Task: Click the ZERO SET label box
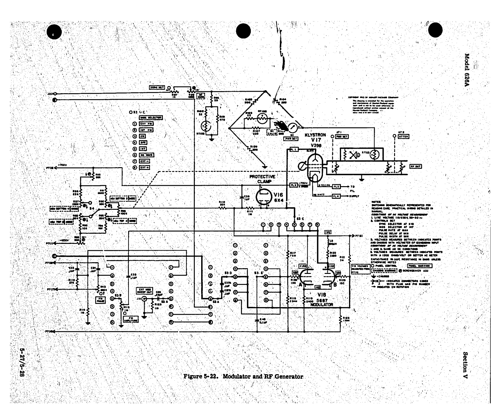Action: click(x=157, y=87)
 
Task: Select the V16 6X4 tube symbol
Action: click(x=262, y=197)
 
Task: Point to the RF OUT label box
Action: click(x=416, y=166)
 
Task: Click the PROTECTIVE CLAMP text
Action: click(x=262, y=179)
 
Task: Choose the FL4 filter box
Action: click(x=336, y=196)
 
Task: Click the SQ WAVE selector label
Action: click(x=146, y=155)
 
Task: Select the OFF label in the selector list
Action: click(x=143, y=142)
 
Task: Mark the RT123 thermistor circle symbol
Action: click(x=374, y=155)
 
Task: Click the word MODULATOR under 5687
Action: click(x=322, y=305)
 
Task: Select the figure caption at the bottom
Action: click(x=243, y=377)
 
